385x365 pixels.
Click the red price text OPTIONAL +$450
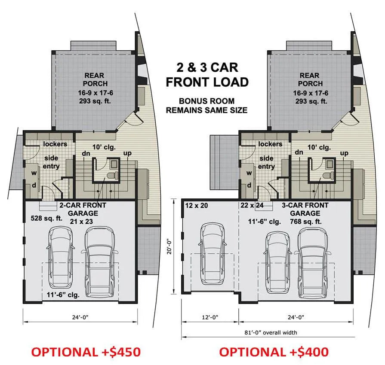[86, 352]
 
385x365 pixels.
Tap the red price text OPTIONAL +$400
[274, 352]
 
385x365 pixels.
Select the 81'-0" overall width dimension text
[271, 333]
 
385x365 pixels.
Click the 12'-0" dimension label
[210, 317]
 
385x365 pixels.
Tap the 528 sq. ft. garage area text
[46, 218]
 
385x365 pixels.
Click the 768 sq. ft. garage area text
[306, 222]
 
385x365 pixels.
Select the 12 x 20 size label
[197, 205]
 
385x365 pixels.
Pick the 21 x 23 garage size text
[81, 222]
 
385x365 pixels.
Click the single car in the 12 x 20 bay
[213, 253]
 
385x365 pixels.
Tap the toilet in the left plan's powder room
[113, 175]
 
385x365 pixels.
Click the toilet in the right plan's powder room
[328, 175]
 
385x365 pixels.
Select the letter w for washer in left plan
[34, 173]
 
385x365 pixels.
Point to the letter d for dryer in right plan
[249, 186]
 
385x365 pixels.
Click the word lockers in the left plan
[55, 144]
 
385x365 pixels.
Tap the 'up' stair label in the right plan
[344, 153]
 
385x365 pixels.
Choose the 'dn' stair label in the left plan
[86, 153]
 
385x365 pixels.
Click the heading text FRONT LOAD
[207, 82]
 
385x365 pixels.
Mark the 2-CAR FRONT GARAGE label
[83, 209]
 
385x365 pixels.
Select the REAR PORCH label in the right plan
[310, 79]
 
